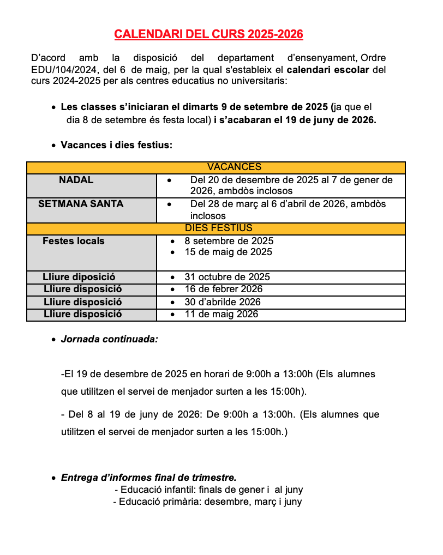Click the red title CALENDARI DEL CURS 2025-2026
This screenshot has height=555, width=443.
point(208,34)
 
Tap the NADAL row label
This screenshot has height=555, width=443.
point(76,180)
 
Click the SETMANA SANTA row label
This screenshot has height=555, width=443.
point(81,204)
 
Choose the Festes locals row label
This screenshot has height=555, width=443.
point(74,241)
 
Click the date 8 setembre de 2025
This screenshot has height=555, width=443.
point(229,241)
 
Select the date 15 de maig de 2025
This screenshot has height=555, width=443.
point(228,252)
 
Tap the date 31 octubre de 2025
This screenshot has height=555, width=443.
point(227,277)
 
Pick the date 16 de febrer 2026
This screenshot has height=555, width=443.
point(223,289)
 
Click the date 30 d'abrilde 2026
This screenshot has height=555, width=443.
point(223,302)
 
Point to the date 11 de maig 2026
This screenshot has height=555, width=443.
point(221,314)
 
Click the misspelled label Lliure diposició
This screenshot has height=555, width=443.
point(79,277)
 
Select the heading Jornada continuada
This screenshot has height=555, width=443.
point(109,339)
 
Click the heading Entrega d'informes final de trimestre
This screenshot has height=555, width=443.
point(148,478)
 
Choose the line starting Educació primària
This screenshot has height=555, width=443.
point(211,502)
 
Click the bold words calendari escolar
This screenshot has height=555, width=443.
point(327,70)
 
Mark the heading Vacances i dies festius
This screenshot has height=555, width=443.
point(116,145)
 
